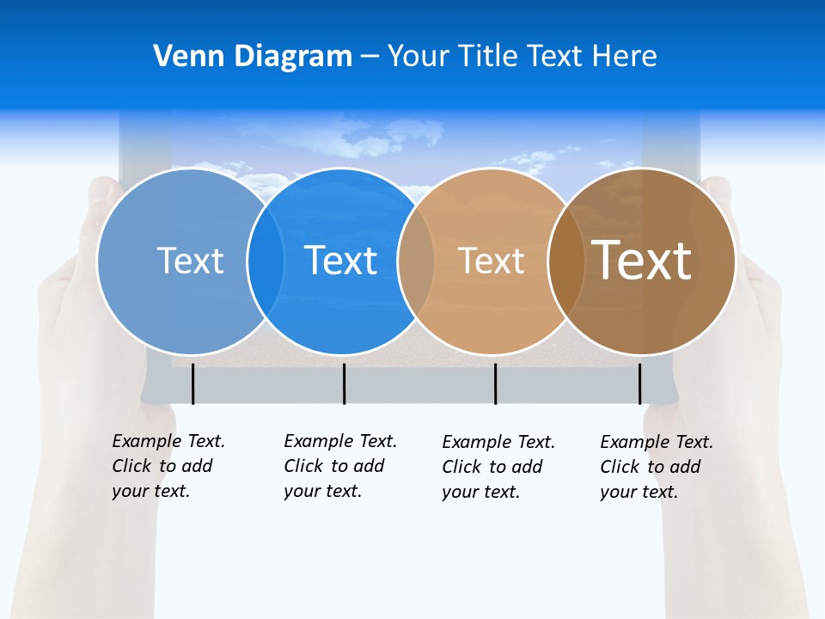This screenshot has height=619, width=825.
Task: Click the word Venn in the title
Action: click(182, 57)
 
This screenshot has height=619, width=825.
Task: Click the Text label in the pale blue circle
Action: click(190, 260)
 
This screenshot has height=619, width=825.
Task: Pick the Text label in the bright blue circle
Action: click(340, 260)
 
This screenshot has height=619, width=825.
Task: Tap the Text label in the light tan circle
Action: click(491, 260)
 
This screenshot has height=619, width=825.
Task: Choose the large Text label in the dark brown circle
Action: click(642, 260)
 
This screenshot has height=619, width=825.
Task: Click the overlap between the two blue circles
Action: click(266, 261)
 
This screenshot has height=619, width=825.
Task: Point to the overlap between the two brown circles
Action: click(566, 261)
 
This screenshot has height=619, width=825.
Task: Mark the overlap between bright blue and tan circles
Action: click(416, 261)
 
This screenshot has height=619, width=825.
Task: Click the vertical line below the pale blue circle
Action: click(193, 383)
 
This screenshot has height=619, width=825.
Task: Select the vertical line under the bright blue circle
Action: click(344, 383)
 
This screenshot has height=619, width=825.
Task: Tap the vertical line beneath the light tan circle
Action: click(495, 383)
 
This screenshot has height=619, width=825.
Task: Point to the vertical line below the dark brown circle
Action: click(639, 383)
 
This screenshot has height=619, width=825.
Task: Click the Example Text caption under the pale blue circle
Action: click(168, 466)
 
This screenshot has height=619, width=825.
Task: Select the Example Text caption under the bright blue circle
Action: click(339, 466)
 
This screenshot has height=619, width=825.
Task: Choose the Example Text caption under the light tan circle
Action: click(498, 467)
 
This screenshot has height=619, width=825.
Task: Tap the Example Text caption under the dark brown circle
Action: click(656, 467)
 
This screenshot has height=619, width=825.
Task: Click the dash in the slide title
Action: click(370, 57)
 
